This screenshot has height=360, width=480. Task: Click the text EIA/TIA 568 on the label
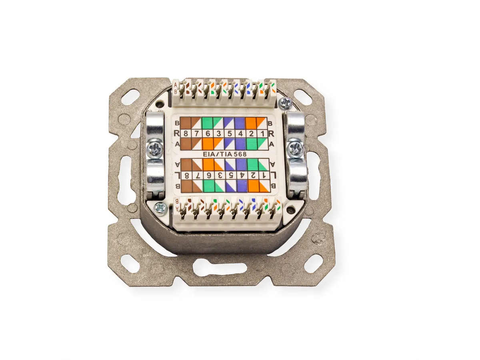coord(224,154)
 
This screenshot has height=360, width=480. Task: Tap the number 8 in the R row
coord(186,134)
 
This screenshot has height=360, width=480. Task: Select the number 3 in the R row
coord(218,134)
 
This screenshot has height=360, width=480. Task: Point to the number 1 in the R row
coord(262,134)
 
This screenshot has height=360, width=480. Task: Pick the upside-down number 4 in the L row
coord(242,175)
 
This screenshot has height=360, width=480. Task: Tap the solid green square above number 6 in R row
coord(207,123)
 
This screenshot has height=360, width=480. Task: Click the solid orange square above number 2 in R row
coord(251,123)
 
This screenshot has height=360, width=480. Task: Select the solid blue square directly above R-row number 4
coord(240,123)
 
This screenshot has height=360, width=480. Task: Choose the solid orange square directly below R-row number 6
coord(207,144)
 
